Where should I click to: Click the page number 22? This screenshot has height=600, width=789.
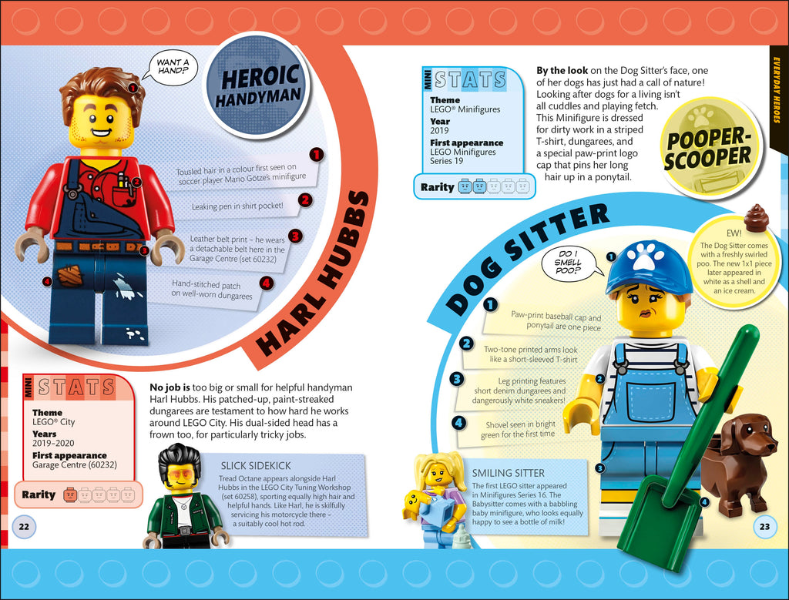point(23,526)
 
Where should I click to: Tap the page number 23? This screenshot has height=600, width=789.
point(764,527)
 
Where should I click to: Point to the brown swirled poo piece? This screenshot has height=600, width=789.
point(756,219)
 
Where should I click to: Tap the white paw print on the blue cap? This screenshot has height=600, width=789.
point(646,256)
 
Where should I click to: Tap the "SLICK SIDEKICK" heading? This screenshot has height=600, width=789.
point(256,465)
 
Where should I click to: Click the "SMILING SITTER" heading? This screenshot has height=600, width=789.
point(508,473)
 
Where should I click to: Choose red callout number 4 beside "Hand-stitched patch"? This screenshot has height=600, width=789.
point(267,283)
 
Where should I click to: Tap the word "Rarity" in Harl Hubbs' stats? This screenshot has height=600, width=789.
point(39,494)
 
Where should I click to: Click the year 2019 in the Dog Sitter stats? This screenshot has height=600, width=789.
point(440,131)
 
